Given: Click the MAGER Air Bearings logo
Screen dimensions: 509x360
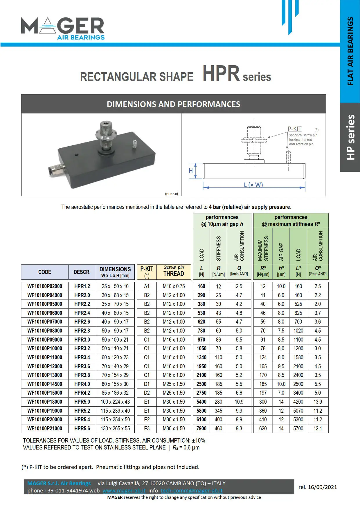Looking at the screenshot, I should (63, 28).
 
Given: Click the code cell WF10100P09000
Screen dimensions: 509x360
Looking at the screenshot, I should (45, 340).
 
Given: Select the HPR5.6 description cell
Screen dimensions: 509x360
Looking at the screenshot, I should (82, 428).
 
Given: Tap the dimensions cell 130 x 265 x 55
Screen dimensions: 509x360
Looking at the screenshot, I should (115, 428).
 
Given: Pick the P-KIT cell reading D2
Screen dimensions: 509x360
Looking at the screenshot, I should (147, 393).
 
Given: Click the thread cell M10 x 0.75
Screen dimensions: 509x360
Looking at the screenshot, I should (174, 286).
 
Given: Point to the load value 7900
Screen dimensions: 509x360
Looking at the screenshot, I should (201, 428).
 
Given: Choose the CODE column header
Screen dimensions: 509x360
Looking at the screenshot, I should (45, 272).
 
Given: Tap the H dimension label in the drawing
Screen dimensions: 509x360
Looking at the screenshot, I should (191, 171).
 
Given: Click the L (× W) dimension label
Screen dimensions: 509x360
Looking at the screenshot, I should (253, 185).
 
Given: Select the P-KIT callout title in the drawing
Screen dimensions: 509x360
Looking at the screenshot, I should (294, 129).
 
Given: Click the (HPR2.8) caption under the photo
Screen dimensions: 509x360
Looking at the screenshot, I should (171, 194).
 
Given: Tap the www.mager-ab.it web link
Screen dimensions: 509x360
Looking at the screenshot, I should (124, 490).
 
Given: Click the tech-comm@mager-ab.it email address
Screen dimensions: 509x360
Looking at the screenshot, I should (191, 490).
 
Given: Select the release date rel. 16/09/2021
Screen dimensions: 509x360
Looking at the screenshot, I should (318, 487).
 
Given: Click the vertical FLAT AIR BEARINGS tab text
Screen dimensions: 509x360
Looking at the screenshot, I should (350, 51).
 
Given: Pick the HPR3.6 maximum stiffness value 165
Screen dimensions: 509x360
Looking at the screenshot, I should (263, 366).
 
